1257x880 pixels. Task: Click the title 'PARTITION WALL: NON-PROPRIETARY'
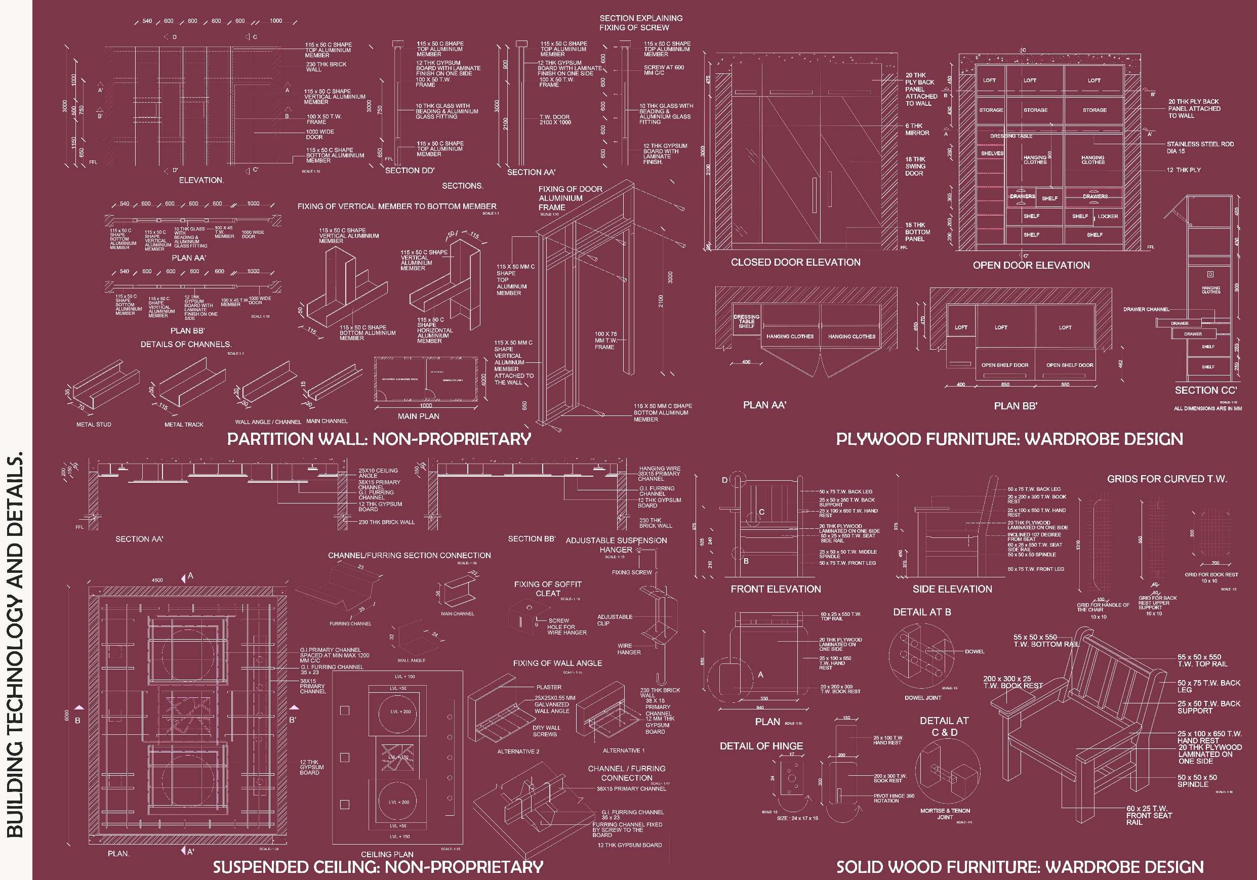coord(379,439)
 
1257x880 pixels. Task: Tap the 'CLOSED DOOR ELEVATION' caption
coord(795,263)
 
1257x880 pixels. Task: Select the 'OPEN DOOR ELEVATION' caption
coord(1031,266)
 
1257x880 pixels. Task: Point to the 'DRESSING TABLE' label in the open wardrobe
coord(1011,136)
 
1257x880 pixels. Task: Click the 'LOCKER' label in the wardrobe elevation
coord(1108,217)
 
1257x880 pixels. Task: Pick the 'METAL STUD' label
coord(94,425)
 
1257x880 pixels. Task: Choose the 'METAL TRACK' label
coord(184,425)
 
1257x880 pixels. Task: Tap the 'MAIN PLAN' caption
coord(418,416)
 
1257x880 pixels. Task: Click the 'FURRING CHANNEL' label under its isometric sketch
coord(350,624)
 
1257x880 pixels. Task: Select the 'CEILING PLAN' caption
coord(387,854)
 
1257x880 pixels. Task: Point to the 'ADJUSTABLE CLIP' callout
coord(614,620)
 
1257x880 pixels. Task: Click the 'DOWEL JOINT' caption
coord(923,698)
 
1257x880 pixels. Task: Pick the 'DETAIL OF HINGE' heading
coord(761,746)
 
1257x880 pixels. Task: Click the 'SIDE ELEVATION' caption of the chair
coord(952,590)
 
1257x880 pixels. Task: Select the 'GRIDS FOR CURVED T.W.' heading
coord(1167,479)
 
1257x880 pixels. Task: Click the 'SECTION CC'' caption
coord(1205,391)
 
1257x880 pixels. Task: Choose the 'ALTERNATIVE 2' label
coord(518,752)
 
